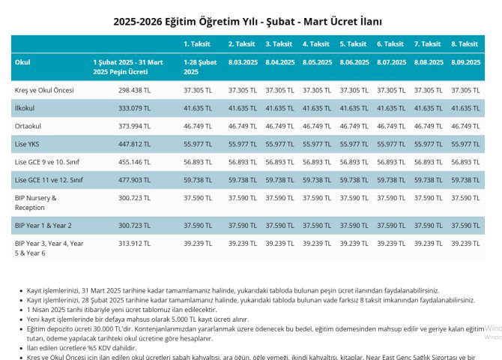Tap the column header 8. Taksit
(x=465, y=44)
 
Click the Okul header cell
(x=22, y=62)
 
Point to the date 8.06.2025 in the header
(x=354, y=62)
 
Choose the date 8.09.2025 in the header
(x=465, y=62)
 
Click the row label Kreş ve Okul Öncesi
(x=44, y=90)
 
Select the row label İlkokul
(x=25, y=108)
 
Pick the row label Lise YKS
(x=28, y=144)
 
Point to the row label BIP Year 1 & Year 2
(x=43, y=225)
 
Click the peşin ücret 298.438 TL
(x=135, y=90)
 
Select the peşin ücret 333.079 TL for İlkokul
(x=135, y=108)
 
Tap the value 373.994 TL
(x=135, y=126)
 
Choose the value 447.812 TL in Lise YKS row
(x=135, y=144)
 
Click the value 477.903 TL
(x=135, y=180)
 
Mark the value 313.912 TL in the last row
(x=135, y=244)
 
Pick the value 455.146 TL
(x=135, y=162)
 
